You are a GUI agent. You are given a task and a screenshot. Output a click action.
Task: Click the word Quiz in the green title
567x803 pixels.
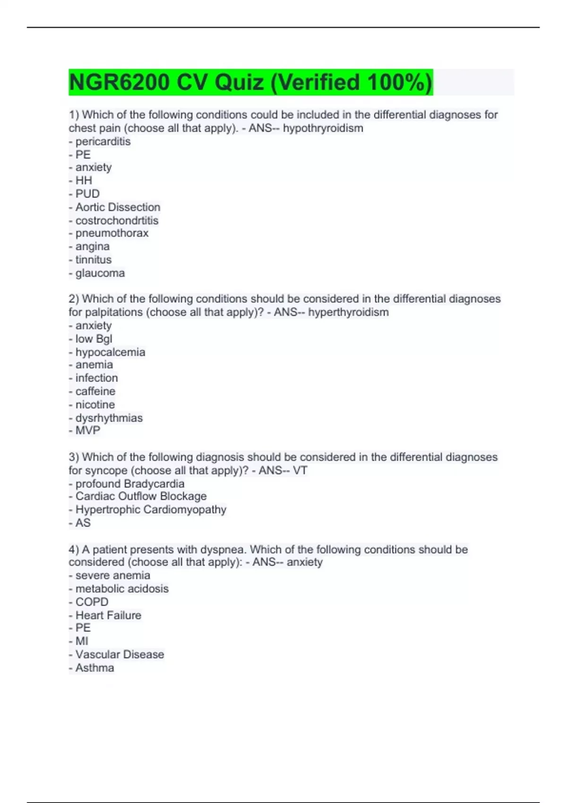pos(239,82)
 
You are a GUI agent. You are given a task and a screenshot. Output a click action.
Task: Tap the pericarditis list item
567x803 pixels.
pos(103,141)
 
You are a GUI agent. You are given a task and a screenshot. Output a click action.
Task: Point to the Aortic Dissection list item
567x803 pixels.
pos(118,207)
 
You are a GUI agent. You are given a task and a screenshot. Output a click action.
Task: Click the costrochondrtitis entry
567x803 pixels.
pos(117,220)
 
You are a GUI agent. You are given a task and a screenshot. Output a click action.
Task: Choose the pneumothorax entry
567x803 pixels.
pos(112,233)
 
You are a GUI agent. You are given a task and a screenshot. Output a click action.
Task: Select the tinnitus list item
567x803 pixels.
pos(93,259)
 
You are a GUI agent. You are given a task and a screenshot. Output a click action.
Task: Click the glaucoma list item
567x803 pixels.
pos(100,273)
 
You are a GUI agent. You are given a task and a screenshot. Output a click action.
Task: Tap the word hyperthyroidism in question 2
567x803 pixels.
pos(348,312)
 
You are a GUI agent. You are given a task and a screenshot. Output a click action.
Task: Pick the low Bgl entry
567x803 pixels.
pos(94,339)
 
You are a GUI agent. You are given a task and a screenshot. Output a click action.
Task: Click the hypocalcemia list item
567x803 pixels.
pos(110,352)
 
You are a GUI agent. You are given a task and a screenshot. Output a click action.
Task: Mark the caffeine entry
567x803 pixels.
pos(95,391)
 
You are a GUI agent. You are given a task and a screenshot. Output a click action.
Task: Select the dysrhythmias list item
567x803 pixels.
pos(109,418)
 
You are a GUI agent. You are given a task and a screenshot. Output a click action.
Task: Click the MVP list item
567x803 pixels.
pos(87,430)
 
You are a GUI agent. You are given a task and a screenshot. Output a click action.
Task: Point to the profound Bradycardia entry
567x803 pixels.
pos(129,484)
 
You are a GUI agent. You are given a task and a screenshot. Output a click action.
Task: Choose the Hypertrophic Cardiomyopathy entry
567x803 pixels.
pos(151,509)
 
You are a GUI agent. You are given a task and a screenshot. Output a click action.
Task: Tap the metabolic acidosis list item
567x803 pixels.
pos(122,589)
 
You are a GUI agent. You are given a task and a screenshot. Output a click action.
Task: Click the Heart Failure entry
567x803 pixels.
pos(108,615)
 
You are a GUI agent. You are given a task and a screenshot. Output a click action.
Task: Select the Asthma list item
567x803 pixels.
pos(94,668)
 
